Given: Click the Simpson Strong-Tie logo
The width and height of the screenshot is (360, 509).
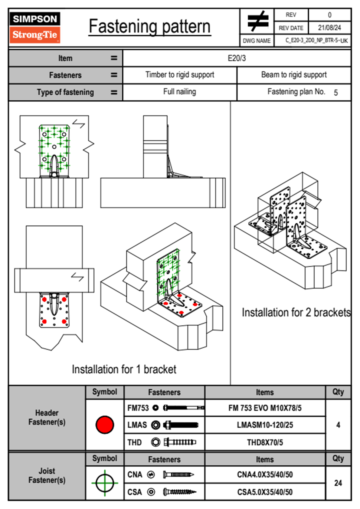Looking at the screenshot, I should click(x=34, y=27).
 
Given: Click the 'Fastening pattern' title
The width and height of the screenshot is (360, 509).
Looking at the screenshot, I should click(x=149, y=27).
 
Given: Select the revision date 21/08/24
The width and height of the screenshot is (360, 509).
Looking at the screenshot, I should click(x=329, y=28).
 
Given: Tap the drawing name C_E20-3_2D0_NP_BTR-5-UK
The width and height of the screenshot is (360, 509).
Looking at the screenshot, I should click(x=316, y=41).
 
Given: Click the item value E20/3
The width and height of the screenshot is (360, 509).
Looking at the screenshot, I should click(x=237, y=58).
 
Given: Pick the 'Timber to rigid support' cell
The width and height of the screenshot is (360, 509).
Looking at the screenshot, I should click(x=180, y=75).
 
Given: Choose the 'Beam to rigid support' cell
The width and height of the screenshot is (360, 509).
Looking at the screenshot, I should click(x=294, y=75).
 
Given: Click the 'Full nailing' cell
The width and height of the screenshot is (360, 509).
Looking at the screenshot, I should click(x=180, y=92).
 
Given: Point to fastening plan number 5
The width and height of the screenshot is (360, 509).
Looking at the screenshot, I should click(x=335, y=93).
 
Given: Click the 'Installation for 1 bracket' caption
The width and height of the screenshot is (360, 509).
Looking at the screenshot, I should click(x=124, y=369).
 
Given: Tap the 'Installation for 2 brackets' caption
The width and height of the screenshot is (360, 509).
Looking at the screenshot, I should click(x=296, y=312).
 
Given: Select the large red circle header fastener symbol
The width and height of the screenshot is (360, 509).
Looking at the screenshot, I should click(x=105, y=425).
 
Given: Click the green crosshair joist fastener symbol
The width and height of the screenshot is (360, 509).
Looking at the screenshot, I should click(x=105, y=483).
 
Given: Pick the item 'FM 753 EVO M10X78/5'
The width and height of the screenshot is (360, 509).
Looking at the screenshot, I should click(x=265, y=408).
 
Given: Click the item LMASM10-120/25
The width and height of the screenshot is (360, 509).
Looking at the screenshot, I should click(x=265, y=425).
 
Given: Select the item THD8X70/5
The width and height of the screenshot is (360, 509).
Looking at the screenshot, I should click(x=265, y=442).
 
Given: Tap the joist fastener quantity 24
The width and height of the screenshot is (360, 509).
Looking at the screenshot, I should click(x=338, y=483).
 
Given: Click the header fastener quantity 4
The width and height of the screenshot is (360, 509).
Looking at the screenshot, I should click(x=338, y=425).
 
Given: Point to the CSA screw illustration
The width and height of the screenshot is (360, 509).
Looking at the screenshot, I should click(x=179, y=492).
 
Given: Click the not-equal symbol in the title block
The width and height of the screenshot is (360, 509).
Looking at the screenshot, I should click(x=257, y=21).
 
